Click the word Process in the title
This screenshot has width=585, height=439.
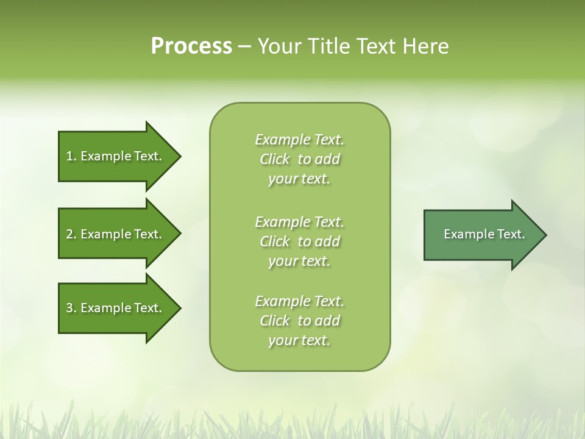pyautogui.click(x=191, y=46)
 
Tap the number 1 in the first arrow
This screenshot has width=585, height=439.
pyautogui.click(x=69, y=156)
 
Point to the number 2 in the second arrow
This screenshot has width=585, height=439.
pyautogui.click(x=69, y=234)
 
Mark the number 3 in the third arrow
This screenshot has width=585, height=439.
pyautogui.click(x=69, y=308)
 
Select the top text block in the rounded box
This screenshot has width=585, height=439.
pyautogui.click(x=299, y=159)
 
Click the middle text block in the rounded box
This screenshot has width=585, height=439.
pyautogui.click(x=299, y=241)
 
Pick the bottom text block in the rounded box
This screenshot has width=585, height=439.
pyautogui.click(x=299, y=321)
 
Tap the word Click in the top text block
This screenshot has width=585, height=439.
pyautogui.click(x=275, y=159)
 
